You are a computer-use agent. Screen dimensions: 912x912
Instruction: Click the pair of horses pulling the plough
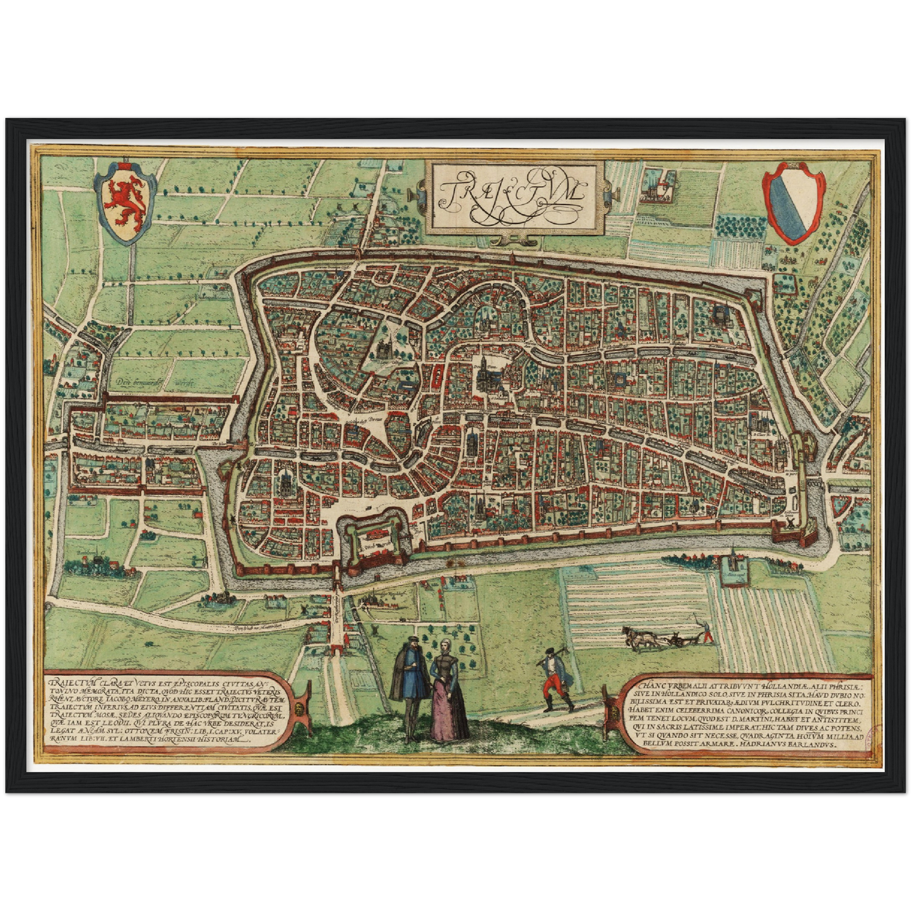pos(639,638)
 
